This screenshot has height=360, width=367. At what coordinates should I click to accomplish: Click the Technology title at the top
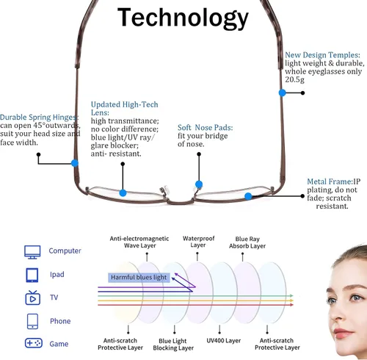click(x=183, y=18)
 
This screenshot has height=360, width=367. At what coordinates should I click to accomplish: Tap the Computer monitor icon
click(x=32, y=252)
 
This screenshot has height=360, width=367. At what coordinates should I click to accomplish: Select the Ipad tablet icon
click(x=32, y=275)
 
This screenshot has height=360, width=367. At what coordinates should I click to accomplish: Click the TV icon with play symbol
click(x=32, y=298)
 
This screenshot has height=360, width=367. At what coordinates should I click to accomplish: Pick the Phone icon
click(x=32, y=321)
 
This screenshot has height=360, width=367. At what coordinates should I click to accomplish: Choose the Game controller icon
click(x=34, y=343)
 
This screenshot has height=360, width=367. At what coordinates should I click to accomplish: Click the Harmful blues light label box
click(x=139, y=277)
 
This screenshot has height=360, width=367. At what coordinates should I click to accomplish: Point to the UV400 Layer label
click(x=224, y=340)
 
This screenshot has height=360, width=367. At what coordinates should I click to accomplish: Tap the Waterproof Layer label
click(x=198, y=242)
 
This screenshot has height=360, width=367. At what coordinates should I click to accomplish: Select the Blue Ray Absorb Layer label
click(x=247, y=242)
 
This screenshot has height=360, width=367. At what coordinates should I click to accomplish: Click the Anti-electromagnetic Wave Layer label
click(x=139, y=242)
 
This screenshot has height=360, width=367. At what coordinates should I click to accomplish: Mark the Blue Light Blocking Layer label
click(x=173, y=344)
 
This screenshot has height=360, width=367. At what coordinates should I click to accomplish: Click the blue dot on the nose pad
click(x=199, y=184)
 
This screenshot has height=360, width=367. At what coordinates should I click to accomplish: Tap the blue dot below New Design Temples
click(x=283, y=93)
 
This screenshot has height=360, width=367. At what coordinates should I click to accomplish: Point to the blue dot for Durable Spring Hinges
click(x=75, y=163)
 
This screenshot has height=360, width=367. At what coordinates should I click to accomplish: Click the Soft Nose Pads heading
click(x=205, y=127)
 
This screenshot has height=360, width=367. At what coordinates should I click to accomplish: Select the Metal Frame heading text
click(x=330, y=181)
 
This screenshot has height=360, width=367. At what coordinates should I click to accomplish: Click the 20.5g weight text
click(x=294, y=79)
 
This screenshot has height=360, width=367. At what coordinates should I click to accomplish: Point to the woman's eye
click(x=357, y=298)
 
